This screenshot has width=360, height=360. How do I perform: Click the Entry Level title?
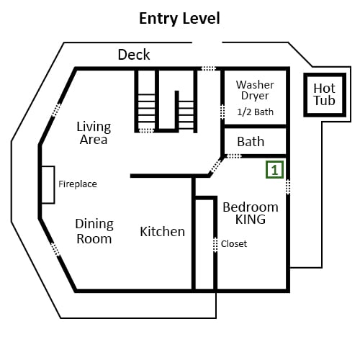[179, 19]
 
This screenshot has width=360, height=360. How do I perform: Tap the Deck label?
[134, 55]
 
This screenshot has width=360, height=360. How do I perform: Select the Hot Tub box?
[325, 95]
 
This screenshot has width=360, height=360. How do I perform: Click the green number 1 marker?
[275, 170]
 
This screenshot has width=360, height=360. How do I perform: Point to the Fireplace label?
[78, 184]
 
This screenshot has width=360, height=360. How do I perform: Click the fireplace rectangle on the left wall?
[48, 185]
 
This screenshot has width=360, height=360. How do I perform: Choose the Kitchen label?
[162, 232]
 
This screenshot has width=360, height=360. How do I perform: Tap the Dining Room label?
[94, 231]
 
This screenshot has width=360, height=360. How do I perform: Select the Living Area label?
[94, 133]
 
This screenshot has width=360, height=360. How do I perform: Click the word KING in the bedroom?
[251, 220]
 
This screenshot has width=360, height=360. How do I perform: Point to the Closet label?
[234, 244]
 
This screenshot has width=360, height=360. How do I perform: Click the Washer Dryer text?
[255, 90]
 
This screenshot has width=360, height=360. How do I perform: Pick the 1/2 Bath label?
[255, 112]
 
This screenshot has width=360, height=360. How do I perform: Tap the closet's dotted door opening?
[215, 245]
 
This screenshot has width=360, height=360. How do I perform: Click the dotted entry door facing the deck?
[209, 68]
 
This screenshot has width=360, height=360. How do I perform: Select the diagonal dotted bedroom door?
[216, 166]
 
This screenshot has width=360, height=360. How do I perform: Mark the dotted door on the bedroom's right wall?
[288, 186]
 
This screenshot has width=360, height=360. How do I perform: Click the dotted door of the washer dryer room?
[222, 112]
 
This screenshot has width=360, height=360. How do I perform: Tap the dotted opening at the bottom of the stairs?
[147, 130]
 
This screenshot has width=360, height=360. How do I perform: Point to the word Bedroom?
[251, 207]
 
